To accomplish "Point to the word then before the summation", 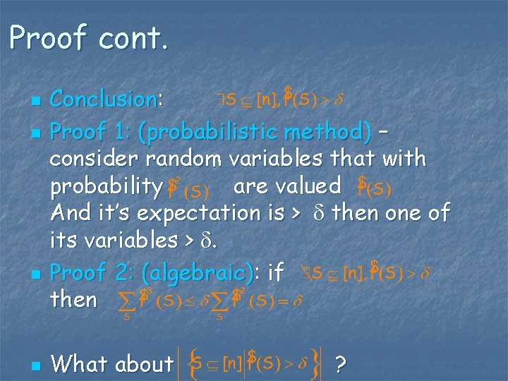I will coord(73,299).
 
